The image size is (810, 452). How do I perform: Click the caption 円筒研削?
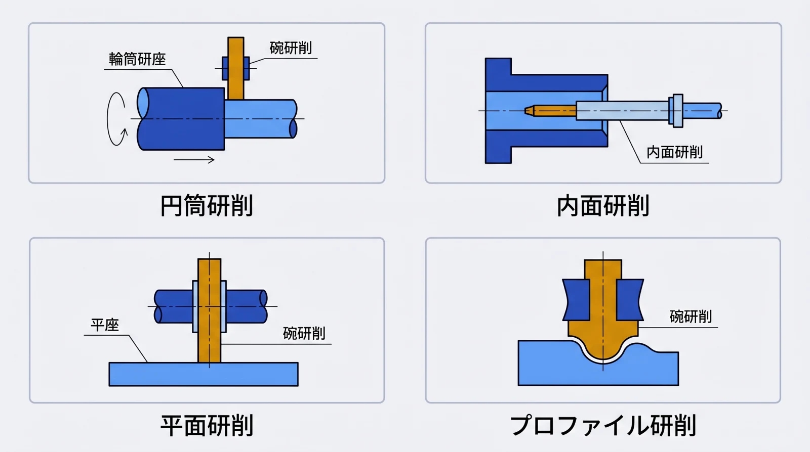point(207,206)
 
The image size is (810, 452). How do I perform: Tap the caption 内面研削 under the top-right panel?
point(602,206)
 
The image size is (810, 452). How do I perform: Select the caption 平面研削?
point(207,425)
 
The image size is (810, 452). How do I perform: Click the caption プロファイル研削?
point(602,425)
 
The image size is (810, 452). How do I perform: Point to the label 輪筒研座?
point(137,59)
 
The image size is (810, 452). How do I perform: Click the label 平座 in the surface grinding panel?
point(105,325)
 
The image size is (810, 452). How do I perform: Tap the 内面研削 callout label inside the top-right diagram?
point(674,152)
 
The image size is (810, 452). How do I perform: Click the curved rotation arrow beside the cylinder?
point(116,119)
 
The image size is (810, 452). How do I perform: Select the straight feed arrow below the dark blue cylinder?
point(194,160)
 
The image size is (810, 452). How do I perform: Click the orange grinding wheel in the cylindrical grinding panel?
point(235,68)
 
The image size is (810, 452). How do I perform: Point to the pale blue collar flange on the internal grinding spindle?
point(675,110)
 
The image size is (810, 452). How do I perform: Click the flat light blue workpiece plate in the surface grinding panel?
point(203,374)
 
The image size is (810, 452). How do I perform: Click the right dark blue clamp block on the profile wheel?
point(629,300)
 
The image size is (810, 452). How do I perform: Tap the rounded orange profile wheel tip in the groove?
point(602,349)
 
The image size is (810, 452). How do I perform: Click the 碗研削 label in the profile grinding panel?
point(691,317)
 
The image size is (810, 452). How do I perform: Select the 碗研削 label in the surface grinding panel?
point(304,334)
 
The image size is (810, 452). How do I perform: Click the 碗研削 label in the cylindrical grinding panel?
point(291,48)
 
